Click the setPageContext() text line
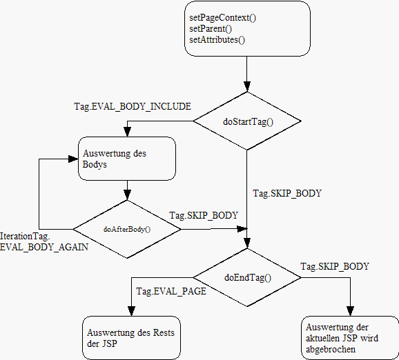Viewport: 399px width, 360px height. coord(223,18)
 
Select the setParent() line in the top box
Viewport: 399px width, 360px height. coord(211,29)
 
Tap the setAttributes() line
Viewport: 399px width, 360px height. coord(217,40)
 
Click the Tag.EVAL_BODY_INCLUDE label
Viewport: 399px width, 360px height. coord(133,106)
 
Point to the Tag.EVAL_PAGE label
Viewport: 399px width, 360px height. coord(171,291)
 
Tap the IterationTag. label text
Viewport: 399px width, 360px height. coord(25,237)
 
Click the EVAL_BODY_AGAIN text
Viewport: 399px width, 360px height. coord(44,247)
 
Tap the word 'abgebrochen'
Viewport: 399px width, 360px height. coord(331,350)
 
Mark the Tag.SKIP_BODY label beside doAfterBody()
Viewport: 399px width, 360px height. coord(204,216)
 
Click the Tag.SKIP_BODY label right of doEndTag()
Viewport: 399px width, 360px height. coord(335,266)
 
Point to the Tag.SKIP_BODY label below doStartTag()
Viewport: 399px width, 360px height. coord(287,194)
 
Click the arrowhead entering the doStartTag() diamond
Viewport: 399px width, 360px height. coord(247,86)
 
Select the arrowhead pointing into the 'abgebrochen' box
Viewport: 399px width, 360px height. coord(351,311)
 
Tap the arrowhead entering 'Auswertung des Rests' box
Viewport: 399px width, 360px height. coord(131,311)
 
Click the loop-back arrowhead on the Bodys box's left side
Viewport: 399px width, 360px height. coord(73,159)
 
